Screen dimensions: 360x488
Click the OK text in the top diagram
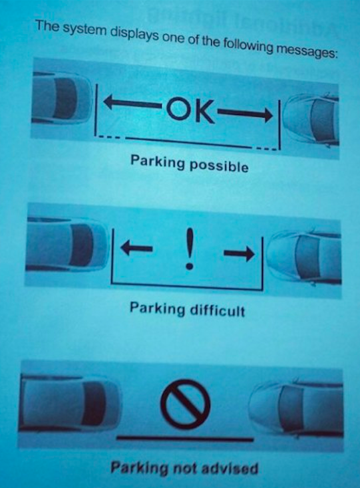coord(190,110)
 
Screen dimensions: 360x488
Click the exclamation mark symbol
coord(189,249)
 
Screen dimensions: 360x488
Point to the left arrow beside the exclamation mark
coord(136,248)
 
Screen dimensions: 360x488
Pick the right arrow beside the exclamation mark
coord(239,253)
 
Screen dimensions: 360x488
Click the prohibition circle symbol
coord(186,404)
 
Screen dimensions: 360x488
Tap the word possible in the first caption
coord(219,166)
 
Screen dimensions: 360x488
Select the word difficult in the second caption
coord(217,310)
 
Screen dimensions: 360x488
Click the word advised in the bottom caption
coord(228,468)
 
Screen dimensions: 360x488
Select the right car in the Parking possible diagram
coord(311,120)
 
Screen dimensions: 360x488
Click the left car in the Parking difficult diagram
coord(67,245)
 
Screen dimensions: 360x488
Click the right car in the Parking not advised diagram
coord(296,408)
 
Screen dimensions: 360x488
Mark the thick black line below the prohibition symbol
coord(185,439)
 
